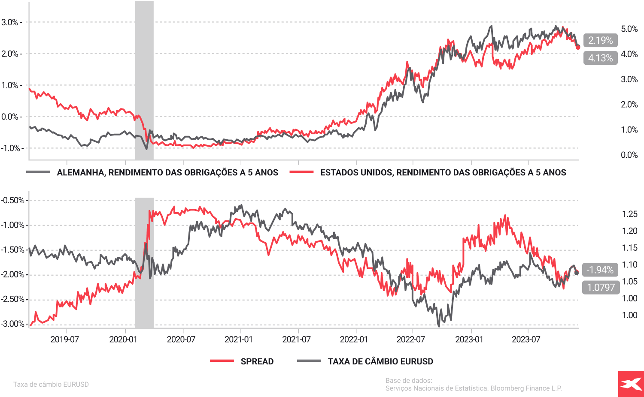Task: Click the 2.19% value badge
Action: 600,40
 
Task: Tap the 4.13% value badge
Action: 600,58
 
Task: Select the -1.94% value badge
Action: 600,270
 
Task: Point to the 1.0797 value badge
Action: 601,287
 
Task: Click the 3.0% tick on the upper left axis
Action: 10,22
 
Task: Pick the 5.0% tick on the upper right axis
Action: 629,29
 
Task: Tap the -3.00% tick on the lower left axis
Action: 12,324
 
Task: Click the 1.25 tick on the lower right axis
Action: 630,214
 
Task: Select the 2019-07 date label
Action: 65,340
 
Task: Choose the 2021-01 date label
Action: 239,340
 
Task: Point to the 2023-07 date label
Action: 526,340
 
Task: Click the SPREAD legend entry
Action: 257,361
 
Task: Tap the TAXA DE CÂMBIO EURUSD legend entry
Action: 380,361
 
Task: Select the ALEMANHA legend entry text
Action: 167,172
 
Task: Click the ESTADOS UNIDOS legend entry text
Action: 443,172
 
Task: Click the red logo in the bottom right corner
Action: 631,384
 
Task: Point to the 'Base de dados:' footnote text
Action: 409,380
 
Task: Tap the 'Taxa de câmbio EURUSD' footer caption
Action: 51,384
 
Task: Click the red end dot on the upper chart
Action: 578,47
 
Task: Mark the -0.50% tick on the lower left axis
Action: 12,200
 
